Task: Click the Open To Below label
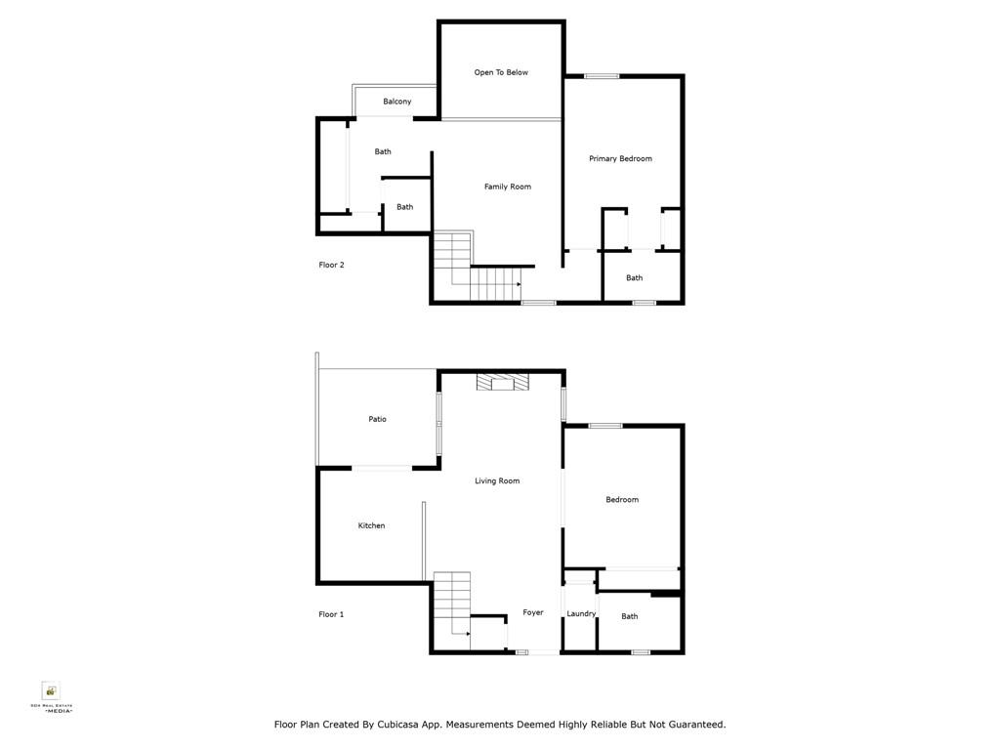pos(501,72)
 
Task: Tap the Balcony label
pos(396,102)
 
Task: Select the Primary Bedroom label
pos(620,158)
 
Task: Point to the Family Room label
pos(508,187)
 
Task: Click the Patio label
pos(377,419)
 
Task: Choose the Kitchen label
pos(371,525)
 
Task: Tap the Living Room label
pos(497,480)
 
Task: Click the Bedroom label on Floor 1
pos(622,499)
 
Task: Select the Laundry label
pos(581,613)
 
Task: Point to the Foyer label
pos(532,612)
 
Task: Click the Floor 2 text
pos(331,265)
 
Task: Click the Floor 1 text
pos(331,614)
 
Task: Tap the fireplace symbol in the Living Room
pos(501,383)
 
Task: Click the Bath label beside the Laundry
pos(630,616)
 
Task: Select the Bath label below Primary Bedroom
pos(635,277)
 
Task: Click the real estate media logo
pos(50,693)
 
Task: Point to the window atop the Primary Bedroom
pos(602,76)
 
